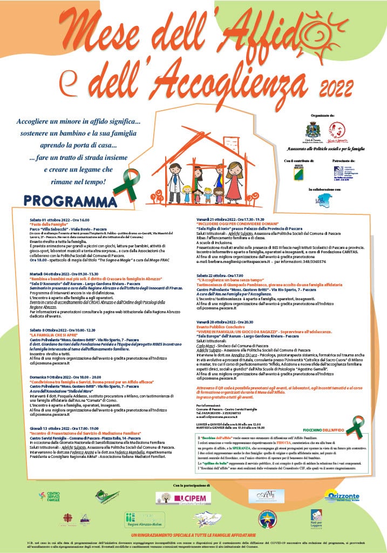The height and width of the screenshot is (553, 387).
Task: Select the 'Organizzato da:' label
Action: (x=324, y=115)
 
